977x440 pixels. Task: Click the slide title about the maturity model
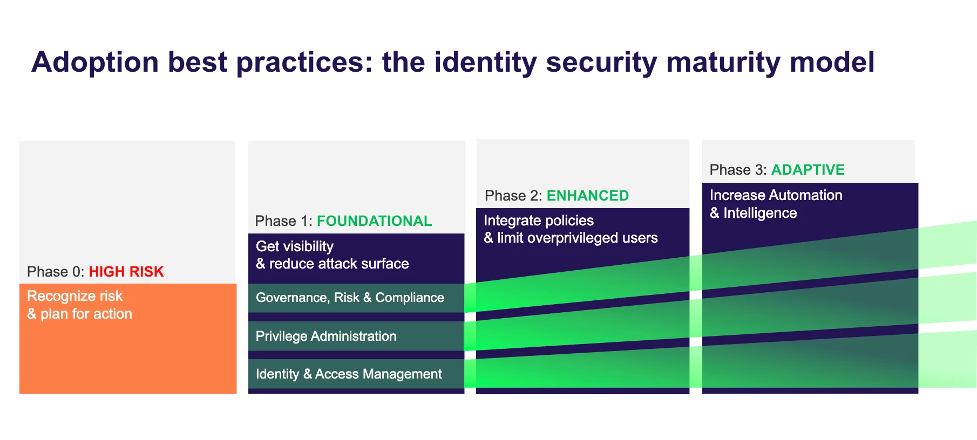(453, 63)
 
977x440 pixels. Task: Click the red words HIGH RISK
(126, 272)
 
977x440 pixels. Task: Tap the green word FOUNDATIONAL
(374, 221)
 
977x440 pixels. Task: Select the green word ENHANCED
(588, 196)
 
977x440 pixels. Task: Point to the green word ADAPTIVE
(808, 170)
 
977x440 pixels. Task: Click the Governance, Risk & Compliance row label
(350, 298)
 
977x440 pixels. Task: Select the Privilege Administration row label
(326, 336)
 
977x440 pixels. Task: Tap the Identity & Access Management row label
(349, 374)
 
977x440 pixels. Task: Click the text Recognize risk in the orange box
(75, 296)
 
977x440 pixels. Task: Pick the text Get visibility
(295, 246)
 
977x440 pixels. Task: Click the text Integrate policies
(539, 221)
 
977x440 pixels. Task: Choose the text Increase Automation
(776, 195)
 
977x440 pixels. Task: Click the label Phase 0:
(56, 272)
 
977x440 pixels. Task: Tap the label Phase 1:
(284, 221)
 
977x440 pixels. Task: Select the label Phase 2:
(513, 196)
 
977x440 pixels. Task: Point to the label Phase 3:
(738, 170)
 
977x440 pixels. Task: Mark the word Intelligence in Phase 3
(760, 214)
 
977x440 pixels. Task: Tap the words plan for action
(86, 314)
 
